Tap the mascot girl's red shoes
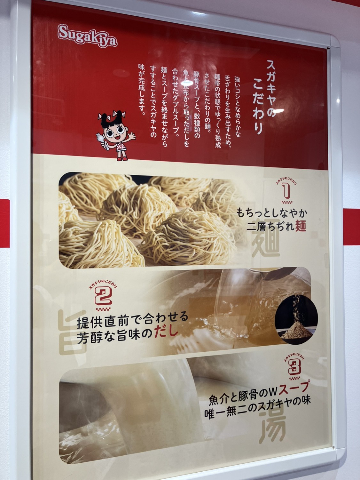(x=122, y=158)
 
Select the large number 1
(x=286, y=191)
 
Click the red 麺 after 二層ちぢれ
(x=300, y=226)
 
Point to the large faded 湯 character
(x=272, y=431)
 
